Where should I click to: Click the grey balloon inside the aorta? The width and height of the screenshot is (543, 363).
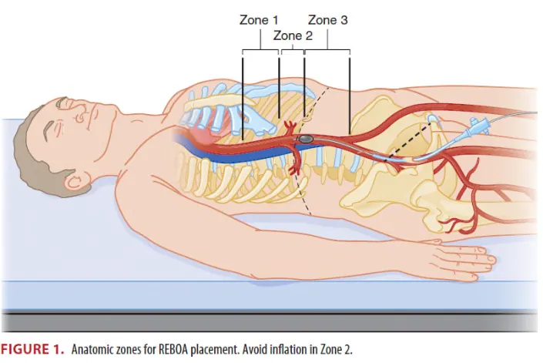point(306,139)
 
